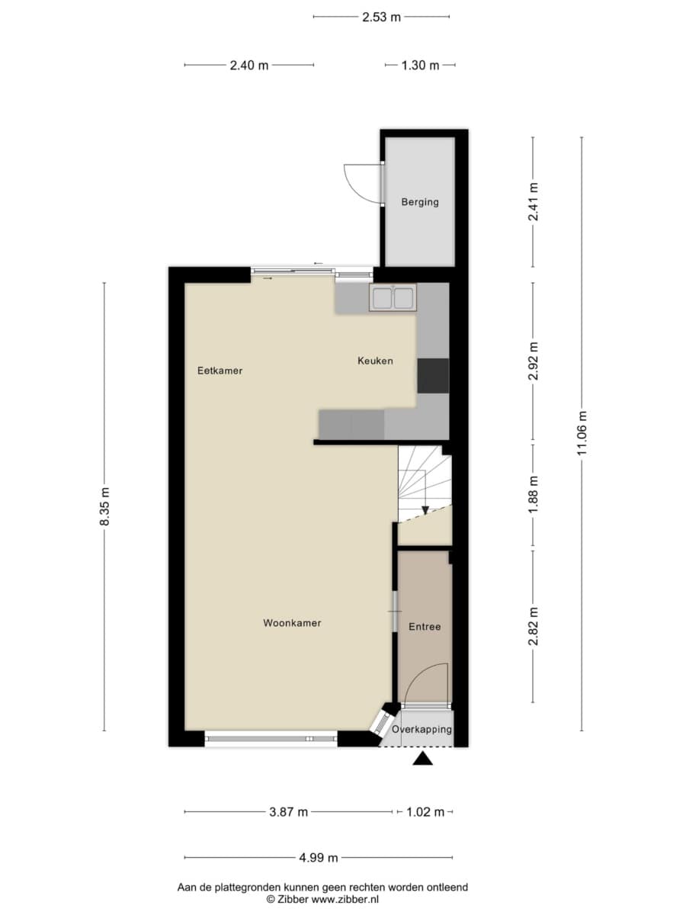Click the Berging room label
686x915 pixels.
pyautogui.click(x=420, y=202)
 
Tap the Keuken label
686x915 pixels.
pyautogui.click(x=375, y=361)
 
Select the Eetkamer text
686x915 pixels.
pyautogui.click(x=220, y=371)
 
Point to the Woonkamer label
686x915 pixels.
pyautogui.click(x=292, y=623)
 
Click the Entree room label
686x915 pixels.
pyautogui.click(x=425, y=627)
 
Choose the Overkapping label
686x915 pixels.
pyautogui.click(x=422, y=729)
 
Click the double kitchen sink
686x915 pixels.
pyautogui.click(x=393, y=297)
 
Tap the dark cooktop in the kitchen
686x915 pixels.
pyautogui.click(x=433, y=376)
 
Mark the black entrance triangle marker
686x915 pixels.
pyautogui.click(x=423, y=759)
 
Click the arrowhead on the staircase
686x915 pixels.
pyautogui.click(x=425, y=510)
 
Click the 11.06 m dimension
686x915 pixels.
pyautogui.click(x=582, y=433)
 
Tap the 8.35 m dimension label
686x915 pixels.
pyautogui.click(x=104, y=506)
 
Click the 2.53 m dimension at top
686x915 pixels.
pyautogui.click(x=381, y=17)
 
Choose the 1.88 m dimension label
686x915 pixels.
pyautogui.click(x=533, y=495)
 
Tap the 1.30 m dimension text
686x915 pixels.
pyautogui.click(x=420, y=66)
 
